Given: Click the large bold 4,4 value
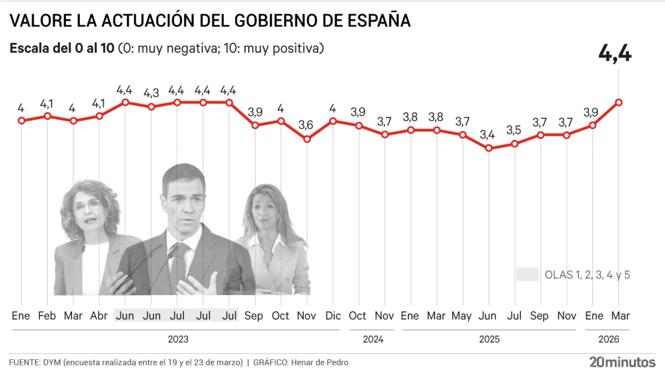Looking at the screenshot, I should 615,54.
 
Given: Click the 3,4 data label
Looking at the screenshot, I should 487,135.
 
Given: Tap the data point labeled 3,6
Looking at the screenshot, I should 307,139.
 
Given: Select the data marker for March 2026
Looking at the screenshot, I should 619,103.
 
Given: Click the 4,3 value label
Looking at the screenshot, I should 151,93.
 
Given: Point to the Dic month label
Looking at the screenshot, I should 333,315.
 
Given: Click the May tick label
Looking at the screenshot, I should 461,315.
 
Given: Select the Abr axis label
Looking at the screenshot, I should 99,315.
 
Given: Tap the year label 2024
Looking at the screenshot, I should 373,339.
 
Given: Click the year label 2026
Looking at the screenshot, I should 609,339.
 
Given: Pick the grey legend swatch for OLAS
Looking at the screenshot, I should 527,274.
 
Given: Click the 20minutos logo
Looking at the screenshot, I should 622,362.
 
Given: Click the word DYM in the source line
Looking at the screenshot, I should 52,362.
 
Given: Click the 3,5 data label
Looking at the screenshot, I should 513,130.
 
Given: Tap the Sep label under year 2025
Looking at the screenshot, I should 539,315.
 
